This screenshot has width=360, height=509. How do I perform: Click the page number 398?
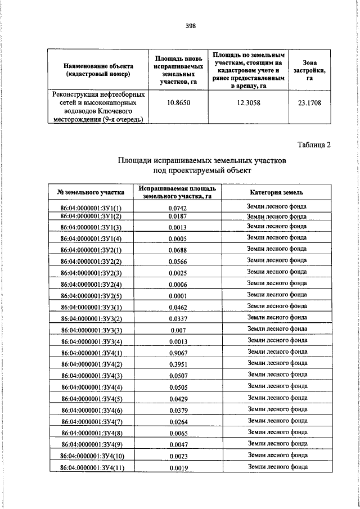click(191, 25)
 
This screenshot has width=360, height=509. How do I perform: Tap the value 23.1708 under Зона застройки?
click(309, 103)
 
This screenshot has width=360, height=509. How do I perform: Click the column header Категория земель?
click(276, 192)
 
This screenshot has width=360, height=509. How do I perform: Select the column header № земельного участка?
click(91, 192)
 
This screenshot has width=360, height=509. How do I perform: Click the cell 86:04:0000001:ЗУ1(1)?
click(91, 208)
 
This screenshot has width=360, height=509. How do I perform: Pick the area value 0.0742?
click(177, 208)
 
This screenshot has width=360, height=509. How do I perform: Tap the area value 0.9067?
click(177, 353)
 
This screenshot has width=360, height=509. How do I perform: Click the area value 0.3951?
click(177, 364)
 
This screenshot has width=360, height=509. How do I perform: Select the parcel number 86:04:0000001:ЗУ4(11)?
click(91, 467)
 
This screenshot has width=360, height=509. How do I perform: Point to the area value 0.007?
click(177, 330)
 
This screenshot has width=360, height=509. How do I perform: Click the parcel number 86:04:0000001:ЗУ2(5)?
click(91, 296)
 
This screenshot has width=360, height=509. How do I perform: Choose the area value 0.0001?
click(177, 296)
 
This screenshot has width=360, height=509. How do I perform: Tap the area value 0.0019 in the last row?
click(177, 467)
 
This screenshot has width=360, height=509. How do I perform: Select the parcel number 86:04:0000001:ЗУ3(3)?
click(91, 330)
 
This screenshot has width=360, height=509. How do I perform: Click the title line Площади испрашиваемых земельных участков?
click(202, 160)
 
